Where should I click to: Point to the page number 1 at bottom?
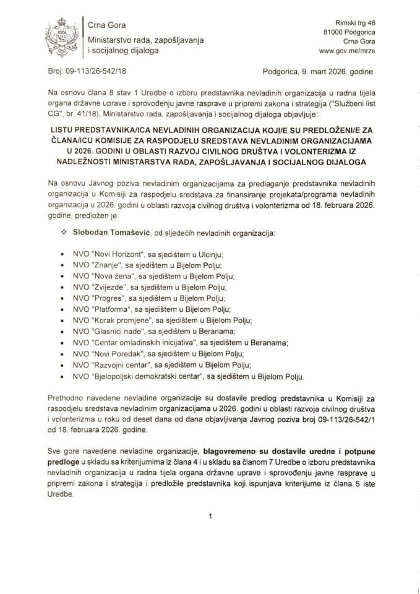pyautogui.click(x=210, y=514)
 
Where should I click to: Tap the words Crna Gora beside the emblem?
pyautogui.click(x=107, y=25)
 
